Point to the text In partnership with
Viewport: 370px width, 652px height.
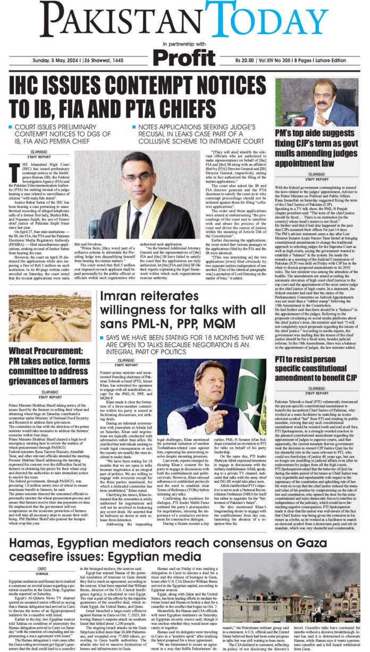click(183, 43)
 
